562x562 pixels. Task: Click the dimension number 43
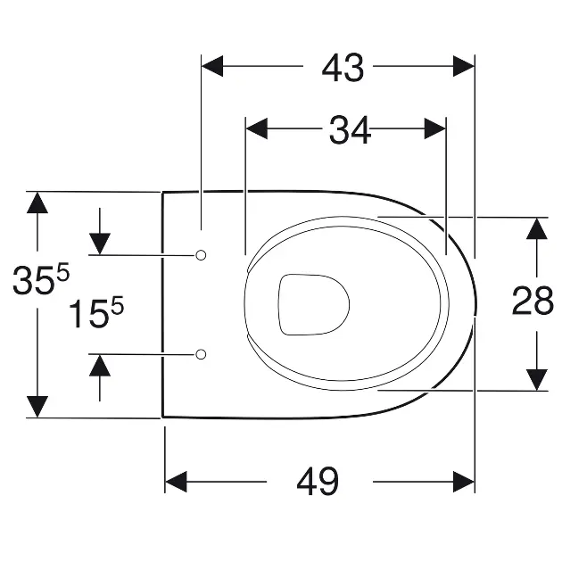pyautogui.click(x=343, y=68)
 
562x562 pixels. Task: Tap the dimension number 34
pyautogui.click(x=350, y=130)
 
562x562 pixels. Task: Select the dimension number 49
pyautogui.click(x=318, y=482)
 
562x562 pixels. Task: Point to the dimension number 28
pyautogui.click(x=533, y=302)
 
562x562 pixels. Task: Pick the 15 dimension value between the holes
pyautogui.click(x=88, y=314)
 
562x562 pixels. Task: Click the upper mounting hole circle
pyautogui.click(x=201, y=255)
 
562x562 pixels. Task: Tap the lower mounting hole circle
pyautogui.click(x=201, y=354)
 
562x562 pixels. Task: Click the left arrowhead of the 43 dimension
pyautogui.click(x=212, y=66)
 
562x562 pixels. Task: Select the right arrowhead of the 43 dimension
pyautogui.click(x=464, y=66)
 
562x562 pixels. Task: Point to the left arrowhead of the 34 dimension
pyautogui.click(x=257, y=128)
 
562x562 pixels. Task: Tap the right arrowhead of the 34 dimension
pyautogui.click(x=435, y=128)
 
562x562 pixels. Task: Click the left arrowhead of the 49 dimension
pyautogui.click(x=176, y=482)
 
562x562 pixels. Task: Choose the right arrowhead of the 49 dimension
pyautogui.click(x=464, y=482)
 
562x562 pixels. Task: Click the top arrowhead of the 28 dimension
pyautogui.click(x=536, y=228)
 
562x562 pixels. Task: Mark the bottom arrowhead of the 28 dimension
pyautogui.click(x=536, y=380)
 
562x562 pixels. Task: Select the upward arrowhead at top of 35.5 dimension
pyautogui.click(x=37, y=202)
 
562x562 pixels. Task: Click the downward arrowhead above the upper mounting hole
pyautogui.click(x=100, y=244)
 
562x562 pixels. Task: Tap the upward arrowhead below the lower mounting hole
pyautogui.click(x=100, y=365)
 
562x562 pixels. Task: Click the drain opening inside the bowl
pyautogui.click(x=314, y=305)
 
